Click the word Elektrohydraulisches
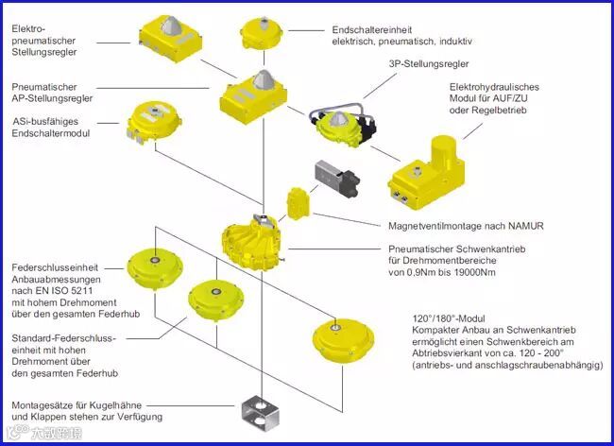point(500,87)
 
